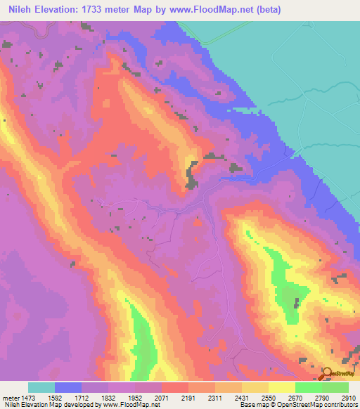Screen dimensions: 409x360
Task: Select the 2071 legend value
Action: [162, 398]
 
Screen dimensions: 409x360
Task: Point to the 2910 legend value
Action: [349, 398]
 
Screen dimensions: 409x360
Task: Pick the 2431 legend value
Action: [242, 398]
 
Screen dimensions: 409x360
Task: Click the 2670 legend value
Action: [295, 398]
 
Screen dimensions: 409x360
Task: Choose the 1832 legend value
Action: [108, 398]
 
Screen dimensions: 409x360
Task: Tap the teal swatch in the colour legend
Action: [41, 387]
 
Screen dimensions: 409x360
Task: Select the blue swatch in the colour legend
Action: [68, 387]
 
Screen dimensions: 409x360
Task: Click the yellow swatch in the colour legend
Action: [281, 387]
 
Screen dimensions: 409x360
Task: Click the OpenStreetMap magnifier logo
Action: [328, 372]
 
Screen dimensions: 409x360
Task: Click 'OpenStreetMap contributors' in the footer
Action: [322, 405]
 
